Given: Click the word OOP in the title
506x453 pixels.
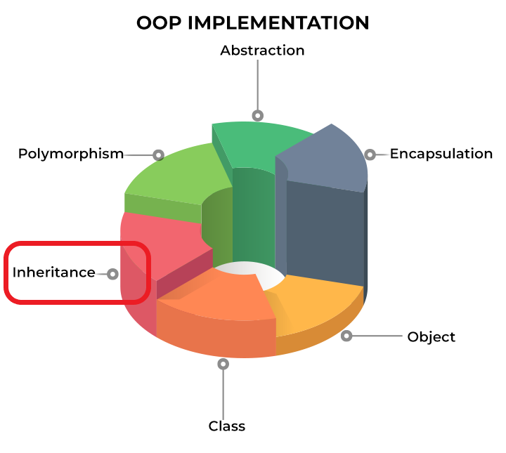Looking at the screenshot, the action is pyautogui.click(x=159, y=23).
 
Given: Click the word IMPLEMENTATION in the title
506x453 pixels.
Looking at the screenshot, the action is pyautogui.click(x=278, y=23).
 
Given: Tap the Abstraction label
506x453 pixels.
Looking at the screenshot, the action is pyautogui.click(x=262, y=51).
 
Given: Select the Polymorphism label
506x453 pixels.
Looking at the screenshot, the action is pyautogui.click(x=71, y=154).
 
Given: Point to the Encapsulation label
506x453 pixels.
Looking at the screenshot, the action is pyautogui.click(x=441, y=154).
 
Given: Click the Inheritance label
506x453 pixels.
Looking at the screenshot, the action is pyautogui.click(x=54, y=273).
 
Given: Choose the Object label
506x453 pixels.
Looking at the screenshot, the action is pyautogui.click(x=431, y=337).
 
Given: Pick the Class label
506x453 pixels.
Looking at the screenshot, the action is pyautogui.click(x=227, y=426).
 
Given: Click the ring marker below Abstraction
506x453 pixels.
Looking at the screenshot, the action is pyautogui.click(x=257, y=115).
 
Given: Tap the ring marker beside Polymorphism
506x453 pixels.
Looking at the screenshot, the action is pyautogui.click(x=158, y=155).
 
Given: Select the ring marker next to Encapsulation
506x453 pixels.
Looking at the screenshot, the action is pyautogui.click(x=370, y=155).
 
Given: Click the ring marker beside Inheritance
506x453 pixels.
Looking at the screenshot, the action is pyautogui.click(x=112, y=274).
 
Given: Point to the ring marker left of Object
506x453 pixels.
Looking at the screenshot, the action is pyautogui.click(x=346, y=336).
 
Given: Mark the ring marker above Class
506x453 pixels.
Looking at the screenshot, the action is pyautogui.click(x=223, y=364).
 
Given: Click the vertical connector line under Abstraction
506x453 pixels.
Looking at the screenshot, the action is pyautogui.click(x=257, y=85).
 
